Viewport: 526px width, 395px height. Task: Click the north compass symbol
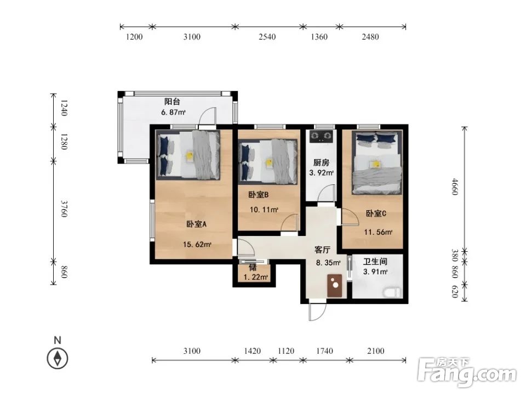[58, 358]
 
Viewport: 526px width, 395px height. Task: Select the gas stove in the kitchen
[322, 136]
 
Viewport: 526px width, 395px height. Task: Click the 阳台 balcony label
[172, 101]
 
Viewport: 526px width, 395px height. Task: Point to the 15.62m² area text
[197, 244]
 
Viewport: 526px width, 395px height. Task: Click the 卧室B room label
[259, 194]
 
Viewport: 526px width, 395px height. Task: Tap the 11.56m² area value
[379, 232]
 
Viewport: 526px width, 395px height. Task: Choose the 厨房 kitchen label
[322, 162]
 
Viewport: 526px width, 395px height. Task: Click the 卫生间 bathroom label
[375, 261]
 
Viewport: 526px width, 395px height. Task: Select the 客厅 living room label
[322, 250]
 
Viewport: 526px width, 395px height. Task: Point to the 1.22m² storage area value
[256, 277]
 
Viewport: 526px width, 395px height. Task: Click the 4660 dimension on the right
[455, 187]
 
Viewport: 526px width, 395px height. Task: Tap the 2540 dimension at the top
[267, 37]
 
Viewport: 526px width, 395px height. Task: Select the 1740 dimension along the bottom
[325, 351]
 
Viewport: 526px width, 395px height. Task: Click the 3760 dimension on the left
[64, 209]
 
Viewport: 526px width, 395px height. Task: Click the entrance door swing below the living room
[317, 312]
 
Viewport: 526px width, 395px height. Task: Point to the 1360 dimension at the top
[319, 37]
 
